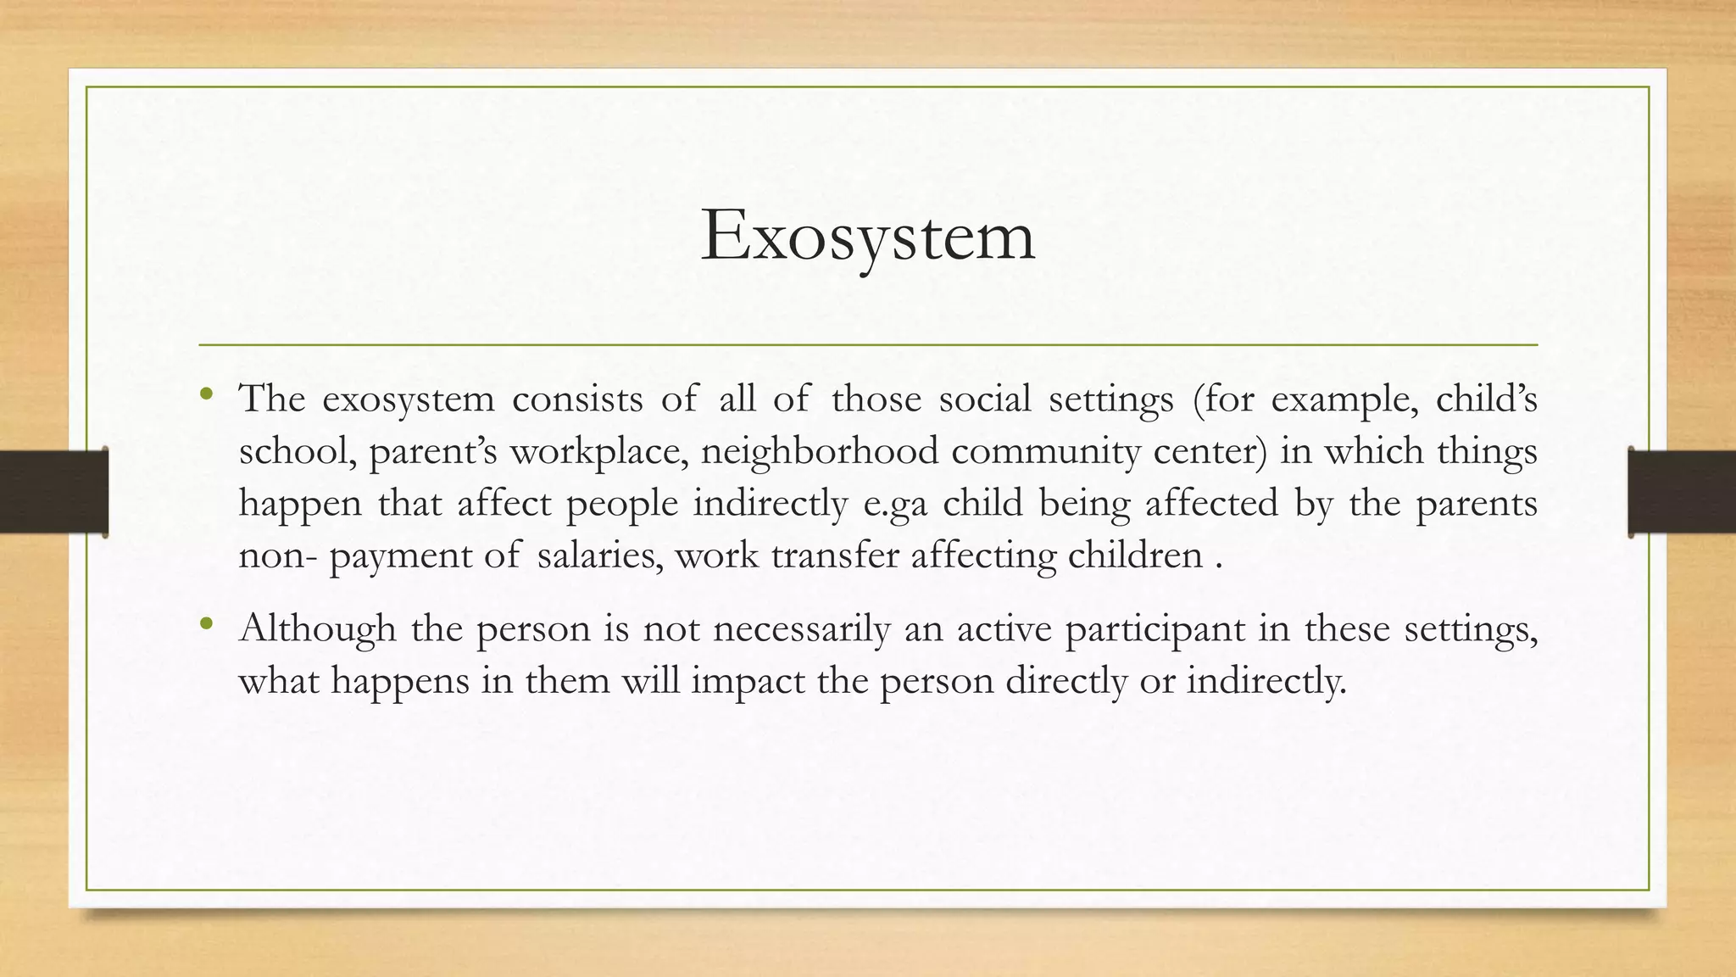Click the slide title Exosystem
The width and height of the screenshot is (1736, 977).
(x=868, y=237)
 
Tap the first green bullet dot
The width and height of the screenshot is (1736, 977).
(x=206, y=393)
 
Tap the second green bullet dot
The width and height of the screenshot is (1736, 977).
(x=206, y=624)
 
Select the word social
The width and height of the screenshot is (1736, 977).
(x=984, y=399)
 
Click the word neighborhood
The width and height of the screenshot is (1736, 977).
(x=820, y=451)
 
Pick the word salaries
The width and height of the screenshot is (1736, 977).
(x=600, y=555)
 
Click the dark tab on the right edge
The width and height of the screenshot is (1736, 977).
(x=1682, y=492)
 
